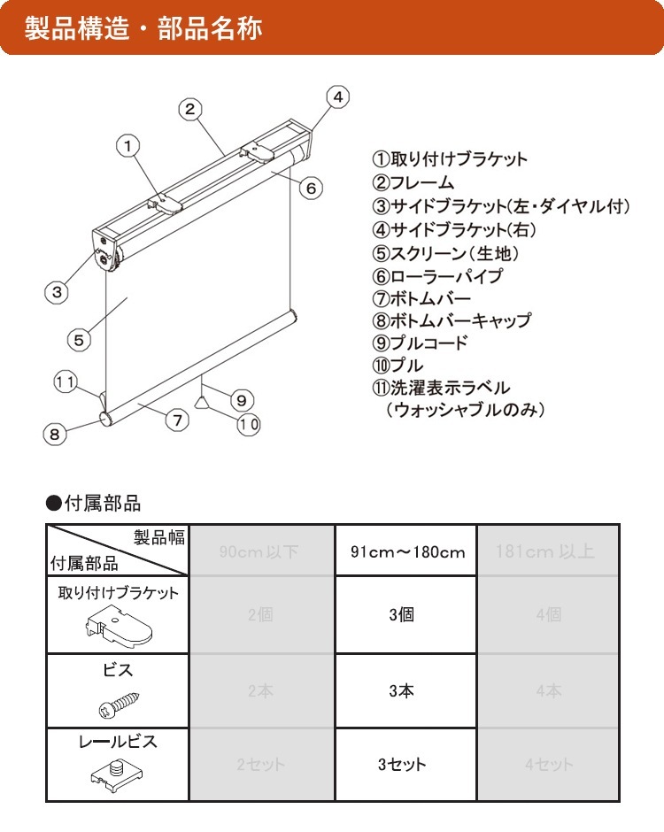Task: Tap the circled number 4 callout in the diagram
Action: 339,96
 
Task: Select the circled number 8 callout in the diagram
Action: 55,434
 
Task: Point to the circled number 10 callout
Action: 248,424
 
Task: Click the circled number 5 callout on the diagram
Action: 79,339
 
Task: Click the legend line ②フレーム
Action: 413,183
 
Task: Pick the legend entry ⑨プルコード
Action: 420,343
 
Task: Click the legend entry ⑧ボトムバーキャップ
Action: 452,320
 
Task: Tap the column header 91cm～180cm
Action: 406,551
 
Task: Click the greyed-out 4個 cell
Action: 548,614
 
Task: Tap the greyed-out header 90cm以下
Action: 260,551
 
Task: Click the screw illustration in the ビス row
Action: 117,705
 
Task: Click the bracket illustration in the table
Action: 117,627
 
